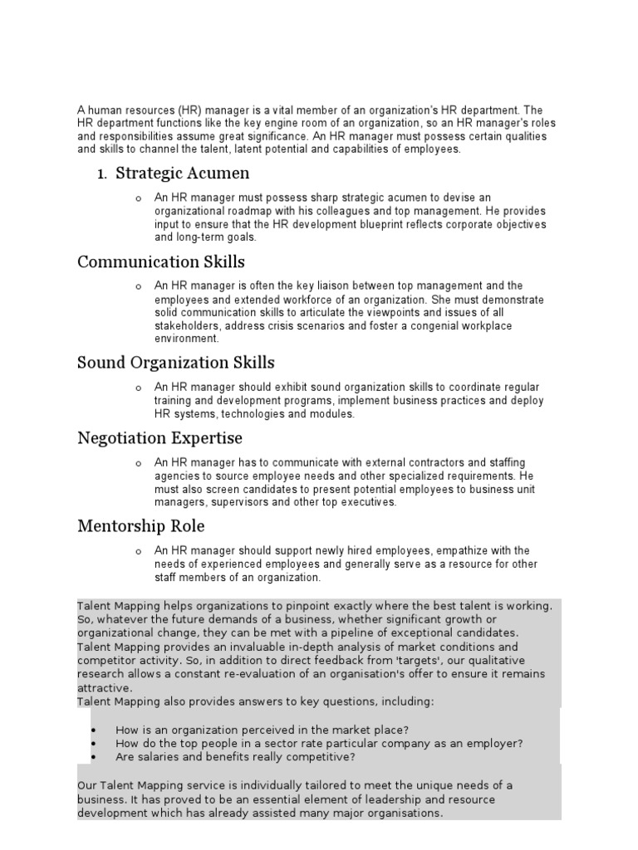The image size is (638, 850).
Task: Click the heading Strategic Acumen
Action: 183,173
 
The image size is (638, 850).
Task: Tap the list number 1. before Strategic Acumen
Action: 103,174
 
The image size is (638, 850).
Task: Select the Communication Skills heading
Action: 161,262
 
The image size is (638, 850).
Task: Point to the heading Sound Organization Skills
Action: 176,363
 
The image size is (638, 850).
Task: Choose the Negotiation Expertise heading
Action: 159,437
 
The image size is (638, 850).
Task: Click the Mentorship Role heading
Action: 140,526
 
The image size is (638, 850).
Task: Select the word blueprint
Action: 415,223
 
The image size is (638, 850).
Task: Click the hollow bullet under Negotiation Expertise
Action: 138,463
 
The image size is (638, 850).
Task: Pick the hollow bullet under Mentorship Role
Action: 138,551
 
